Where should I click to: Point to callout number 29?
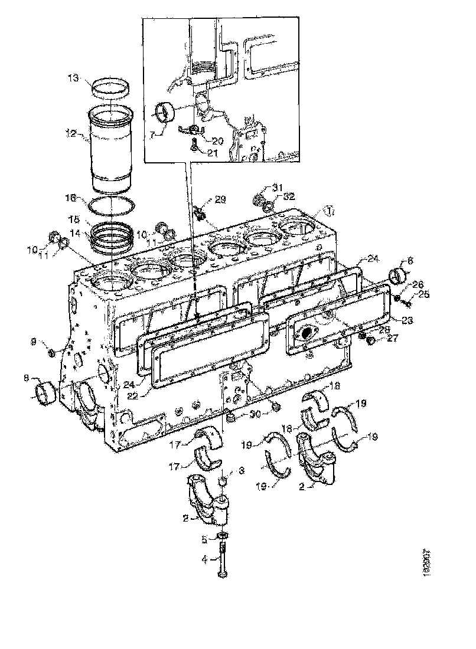pyautogui.click(x=220, y=201)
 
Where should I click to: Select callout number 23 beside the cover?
pyautogui.click(x=407, y=320)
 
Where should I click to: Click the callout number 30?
pyautogui.click(x=255, y=414)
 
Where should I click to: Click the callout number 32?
pyautogui.click(x=289, y=196)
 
